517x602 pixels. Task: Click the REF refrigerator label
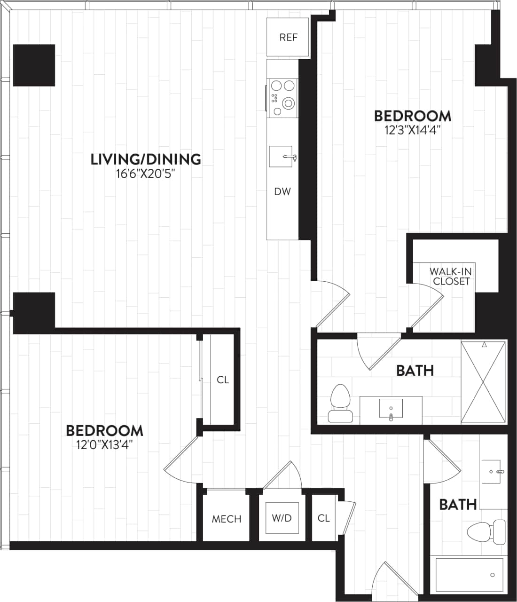tap(288, 38)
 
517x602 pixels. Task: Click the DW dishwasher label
tap(282, 191)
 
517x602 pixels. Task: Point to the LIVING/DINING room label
tap(146, 159)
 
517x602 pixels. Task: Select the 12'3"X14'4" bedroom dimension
tap(412, 130)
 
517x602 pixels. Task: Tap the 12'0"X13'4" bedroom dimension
tap(104, 444)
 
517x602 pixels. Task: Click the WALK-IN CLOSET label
tap(451, 277)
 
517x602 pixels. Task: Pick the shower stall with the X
tap(483, 382)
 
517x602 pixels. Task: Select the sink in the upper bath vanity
tap(391, 408)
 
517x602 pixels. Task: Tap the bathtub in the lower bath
tap(470, 575)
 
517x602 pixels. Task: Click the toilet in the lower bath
tap(486, 531)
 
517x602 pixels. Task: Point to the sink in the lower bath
tap(493, 470)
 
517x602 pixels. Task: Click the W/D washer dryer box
tap(282, 518)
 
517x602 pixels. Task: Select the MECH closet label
tap(226, 519)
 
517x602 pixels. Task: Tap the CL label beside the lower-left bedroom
tap(223, 380)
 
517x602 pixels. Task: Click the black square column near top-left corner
tap(34, 65)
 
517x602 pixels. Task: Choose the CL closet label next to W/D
tap(323, 518)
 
